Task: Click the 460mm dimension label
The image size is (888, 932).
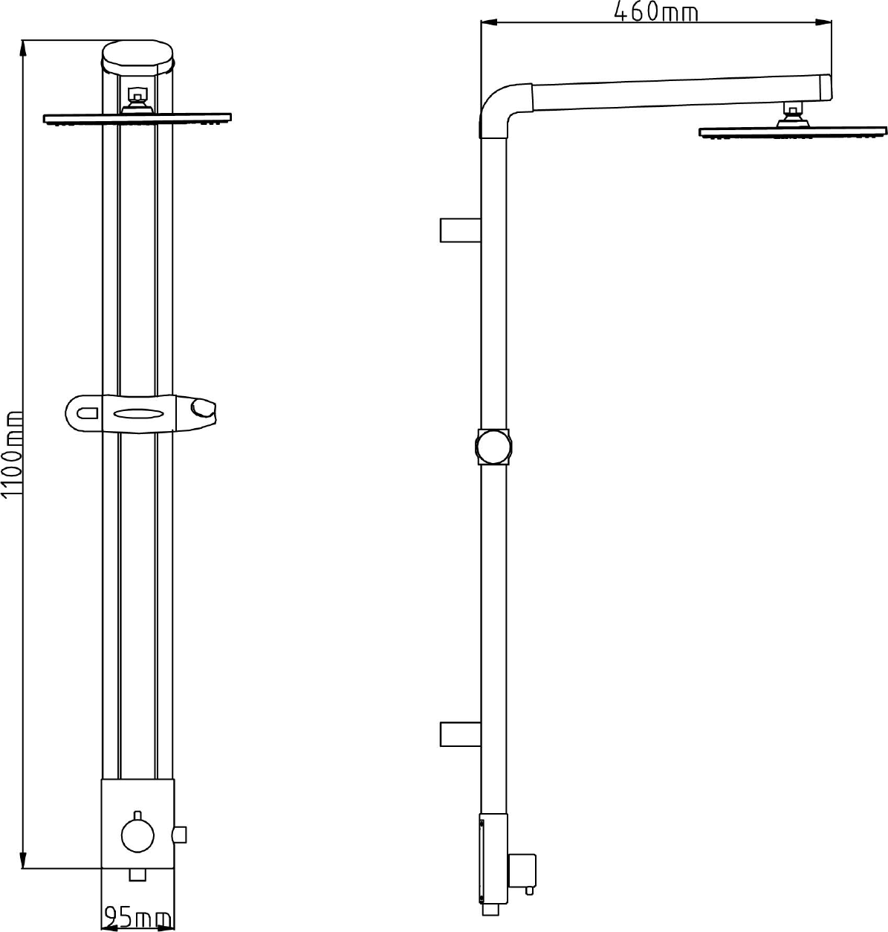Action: [x=656, y=12]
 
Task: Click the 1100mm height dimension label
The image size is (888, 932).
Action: [x=12, y=455]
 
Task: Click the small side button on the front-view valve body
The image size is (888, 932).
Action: [x=180, y=835]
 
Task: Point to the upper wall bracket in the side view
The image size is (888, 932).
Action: [x=461, y=230]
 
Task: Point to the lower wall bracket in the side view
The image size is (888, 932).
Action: [x=461, y=734]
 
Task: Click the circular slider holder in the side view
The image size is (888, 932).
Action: [x=493, y=447]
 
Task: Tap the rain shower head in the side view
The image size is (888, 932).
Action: [x=793, y=132]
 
